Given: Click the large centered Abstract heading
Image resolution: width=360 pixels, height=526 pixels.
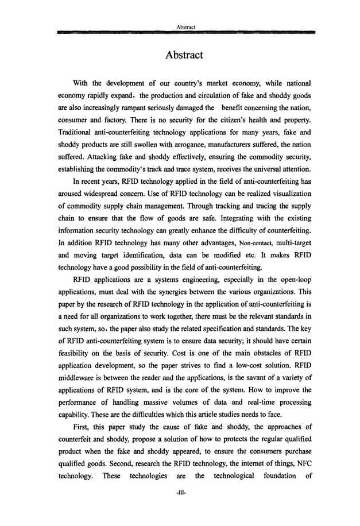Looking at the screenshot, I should pos(184,55).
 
